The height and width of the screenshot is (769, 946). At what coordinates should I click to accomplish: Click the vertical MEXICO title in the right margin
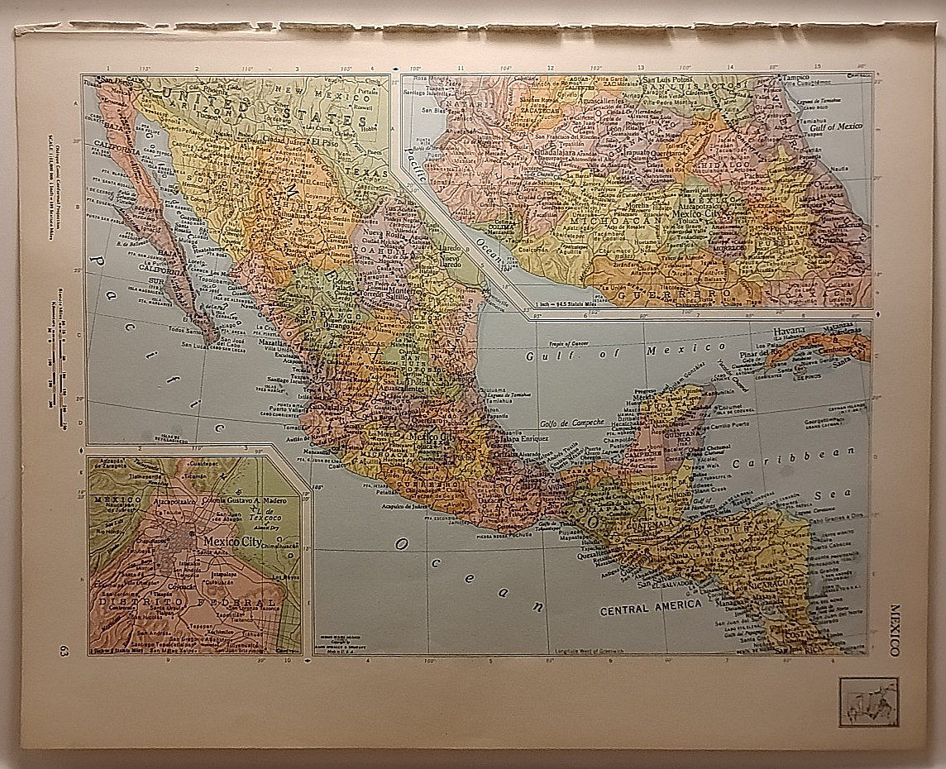pos(895,629)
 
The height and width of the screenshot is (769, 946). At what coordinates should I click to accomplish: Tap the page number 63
pos(64,651)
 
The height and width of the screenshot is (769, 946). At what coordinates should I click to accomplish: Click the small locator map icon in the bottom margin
pos(868,701)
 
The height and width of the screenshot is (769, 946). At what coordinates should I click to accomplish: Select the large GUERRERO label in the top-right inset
pos(684,294)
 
